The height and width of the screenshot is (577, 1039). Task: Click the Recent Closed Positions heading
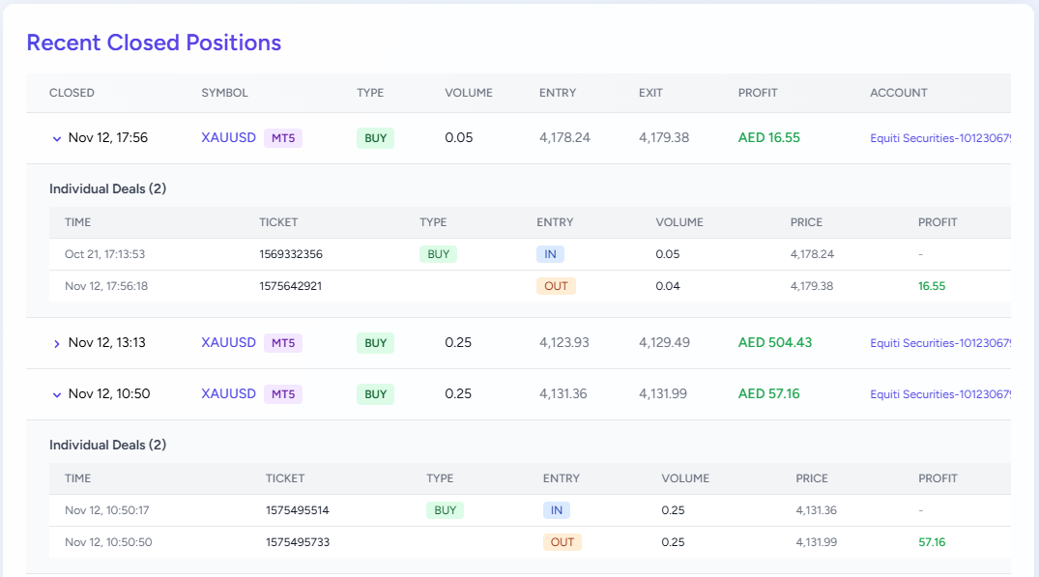(154, 43)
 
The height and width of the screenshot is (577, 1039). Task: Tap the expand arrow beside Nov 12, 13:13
(56, 343)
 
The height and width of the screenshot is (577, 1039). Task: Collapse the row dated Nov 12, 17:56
(56, 138)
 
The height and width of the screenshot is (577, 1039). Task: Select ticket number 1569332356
(291, 254)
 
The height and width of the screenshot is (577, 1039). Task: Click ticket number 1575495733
(297, 542)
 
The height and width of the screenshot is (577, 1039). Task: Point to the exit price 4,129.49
(663, 342)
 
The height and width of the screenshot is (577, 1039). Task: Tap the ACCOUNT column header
(898, 93)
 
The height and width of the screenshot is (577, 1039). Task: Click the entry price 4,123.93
(563, 342)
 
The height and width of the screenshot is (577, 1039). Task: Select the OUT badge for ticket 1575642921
(556, 286)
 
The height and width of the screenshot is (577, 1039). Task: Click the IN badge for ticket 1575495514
(556, 510)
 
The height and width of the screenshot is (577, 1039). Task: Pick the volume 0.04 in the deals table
(667, 286)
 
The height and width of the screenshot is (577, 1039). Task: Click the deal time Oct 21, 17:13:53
(104, 254)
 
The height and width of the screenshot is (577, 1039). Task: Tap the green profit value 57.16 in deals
(932, 542)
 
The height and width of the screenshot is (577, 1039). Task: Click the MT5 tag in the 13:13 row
(282, 343)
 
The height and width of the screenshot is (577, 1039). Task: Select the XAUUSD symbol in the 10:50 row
(228, 393)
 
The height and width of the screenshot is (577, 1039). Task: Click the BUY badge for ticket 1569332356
(438, 254)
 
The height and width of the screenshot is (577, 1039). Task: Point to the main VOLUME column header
(468, 93)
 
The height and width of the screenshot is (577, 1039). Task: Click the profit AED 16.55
(768, 137)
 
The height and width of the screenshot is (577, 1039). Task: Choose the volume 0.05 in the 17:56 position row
(458, 137)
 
